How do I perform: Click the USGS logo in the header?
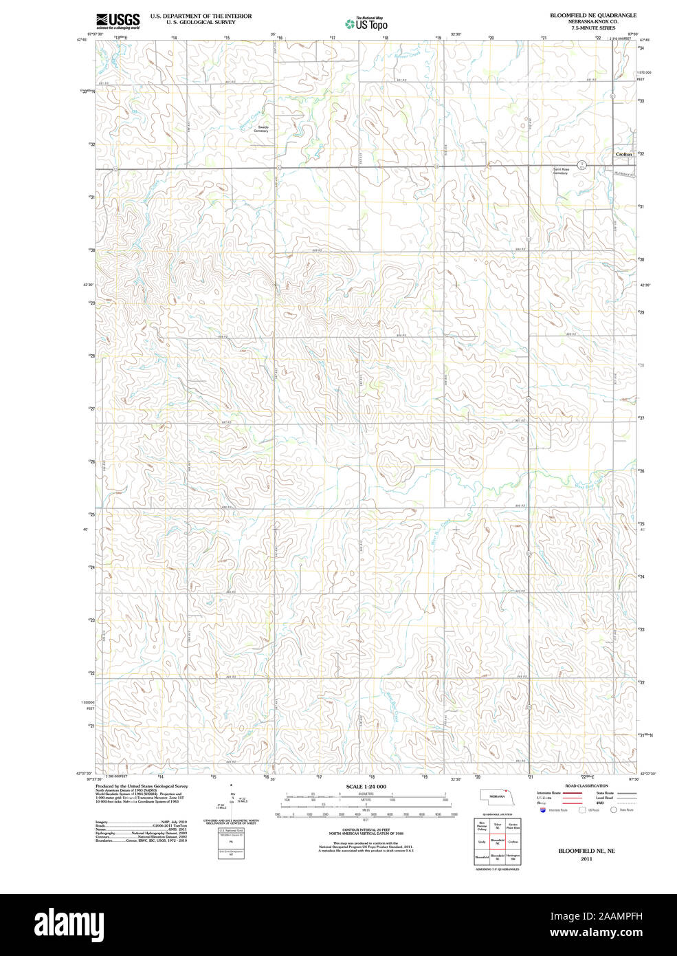point(118,20)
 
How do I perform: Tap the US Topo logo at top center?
point(366,23)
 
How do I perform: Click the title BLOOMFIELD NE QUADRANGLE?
point(592,15)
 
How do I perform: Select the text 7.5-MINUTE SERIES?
point(592,28)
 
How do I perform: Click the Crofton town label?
point(623,154)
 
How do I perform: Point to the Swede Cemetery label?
point(262,129)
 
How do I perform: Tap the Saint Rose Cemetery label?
point(561,171)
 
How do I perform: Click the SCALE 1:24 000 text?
point(366,786)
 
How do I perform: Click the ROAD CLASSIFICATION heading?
point(586,785)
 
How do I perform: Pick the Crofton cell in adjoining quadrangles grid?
point(513,842)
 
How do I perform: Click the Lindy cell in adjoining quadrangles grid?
point(482,842)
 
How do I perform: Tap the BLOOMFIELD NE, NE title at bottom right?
point(586,851)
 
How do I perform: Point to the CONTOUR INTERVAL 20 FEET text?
point(366,829)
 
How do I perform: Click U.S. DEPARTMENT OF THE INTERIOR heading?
point(201,16)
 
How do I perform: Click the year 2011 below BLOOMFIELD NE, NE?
point(586,858)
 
